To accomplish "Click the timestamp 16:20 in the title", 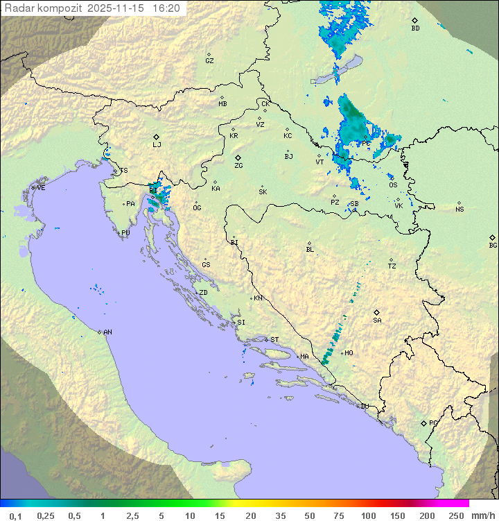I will pyautogui.click(x=166, y=8).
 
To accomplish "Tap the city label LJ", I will pyautogui.click(x=157, y=144).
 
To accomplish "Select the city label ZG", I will pyautogui.click(x=238, y=166).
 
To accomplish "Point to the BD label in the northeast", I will pyautogui.click(x=415, y=28).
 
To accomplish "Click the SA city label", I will pyautogui.click(x=377, y=320).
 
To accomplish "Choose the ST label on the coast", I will pyautogui.click(x=274, y=340).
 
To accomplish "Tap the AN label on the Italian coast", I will pyautogui.click(x=107, y=332).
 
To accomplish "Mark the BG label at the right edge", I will pyautogui.click(x=493, y=245).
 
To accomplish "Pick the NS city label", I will pyautogui.click(x=459, y=210).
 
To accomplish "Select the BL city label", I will pyautogui.click(x=310, y=250).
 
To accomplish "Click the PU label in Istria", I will pyautogui.click(x=125, y=233).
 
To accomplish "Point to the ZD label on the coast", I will pyautogui.click(x=203, y=293).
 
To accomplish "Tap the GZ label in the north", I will pyautogui.click(x=209, y=61).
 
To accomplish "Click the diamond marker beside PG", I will pyautogui.click(x=424, y=422).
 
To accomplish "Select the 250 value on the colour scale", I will pyautogui.click(x=456, y=515).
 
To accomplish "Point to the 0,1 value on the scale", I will pyautogui.click(x=16, y=515).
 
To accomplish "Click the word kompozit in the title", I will pyautogui.click(x=59, y=8).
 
